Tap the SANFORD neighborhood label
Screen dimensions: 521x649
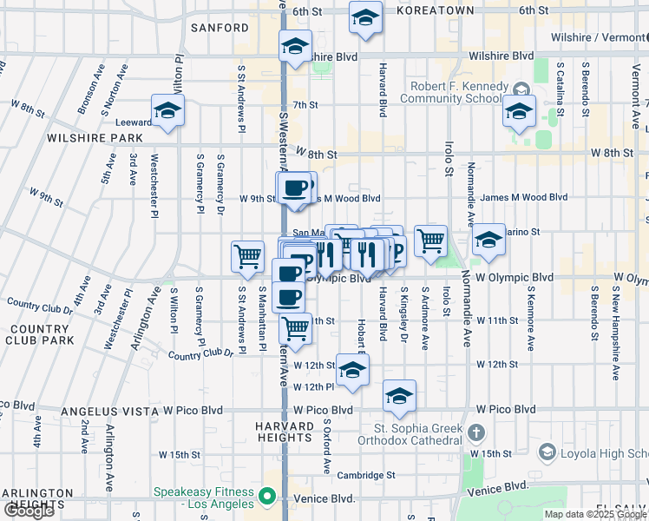pyautogui.click(x=220, y=28)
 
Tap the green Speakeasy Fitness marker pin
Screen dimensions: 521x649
pyautogui.click(x=267, y=498)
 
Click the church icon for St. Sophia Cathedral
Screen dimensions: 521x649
pyautogui.click(x=475, y=432)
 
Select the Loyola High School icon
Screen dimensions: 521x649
pyautogui.click(x=547, y=452)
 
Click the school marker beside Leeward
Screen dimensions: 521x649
pyautogui.click(x=167, y=110)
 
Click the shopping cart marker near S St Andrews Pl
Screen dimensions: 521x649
pyautogui.click(x=247, y=256)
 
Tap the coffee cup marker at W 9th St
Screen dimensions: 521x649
pyautogui.click(x=294, y=188)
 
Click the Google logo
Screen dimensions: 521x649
pyautogui.click(x=29, y=511)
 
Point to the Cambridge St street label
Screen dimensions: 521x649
pyautogui.click(x=366, y=475)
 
